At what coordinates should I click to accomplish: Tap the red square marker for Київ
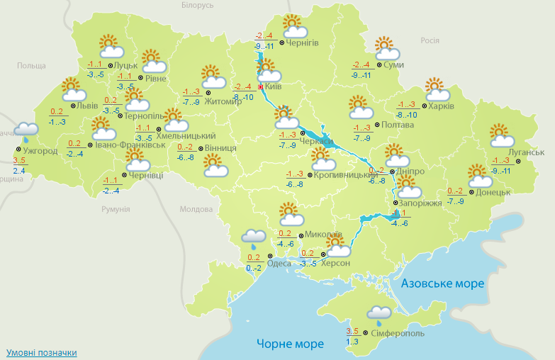tap(261, 86)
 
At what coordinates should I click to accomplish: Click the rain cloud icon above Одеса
tap(253, 237)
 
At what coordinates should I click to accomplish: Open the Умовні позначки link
tap(41, 352)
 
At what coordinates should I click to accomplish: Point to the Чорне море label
tap(290, 344)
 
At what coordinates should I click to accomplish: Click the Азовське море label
tap(442, 283)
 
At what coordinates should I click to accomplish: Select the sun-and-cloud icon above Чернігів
tap(293, 27)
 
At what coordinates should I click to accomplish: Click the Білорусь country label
tap(197, 6)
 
